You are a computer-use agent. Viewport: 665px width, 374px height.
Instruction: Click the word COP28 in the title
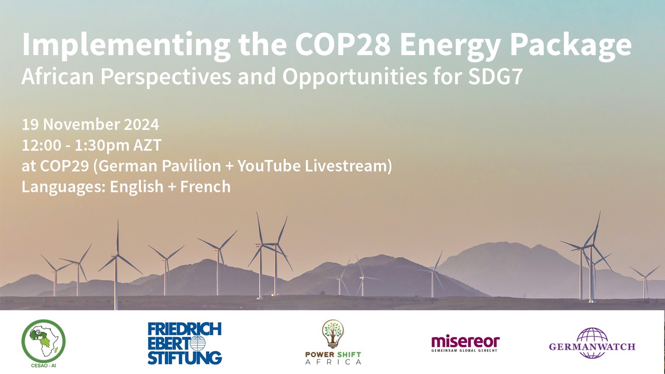coord(342,44)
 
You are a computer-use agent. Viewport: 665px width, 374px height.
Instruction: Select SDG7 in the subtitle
coord(496,76)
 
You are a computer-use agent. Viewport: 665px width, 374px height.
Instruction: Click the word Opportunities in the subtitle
coord(355,77)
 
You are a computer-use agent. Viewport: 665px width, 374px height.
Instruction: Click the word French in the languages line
coord(205,186)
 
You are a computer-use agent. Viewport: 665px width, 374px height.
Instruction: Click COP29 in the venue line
coord(64,166)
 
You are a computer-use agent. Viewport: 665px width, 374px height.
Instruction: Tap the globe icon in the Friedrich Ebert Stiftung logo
coord(197,343)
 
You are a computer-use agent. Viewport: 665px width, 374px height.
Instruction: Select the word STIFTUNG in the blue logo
coord(184,358)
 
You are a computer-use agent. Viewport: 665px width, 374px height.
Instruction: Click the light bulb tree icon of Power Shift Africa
coord(333,333)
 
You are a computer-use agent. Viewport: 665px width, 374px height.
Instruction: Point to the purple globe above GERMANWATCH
coord(592,343)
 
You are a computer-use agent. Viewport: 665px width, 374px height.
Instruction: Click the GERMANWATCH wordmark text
coord(592,346)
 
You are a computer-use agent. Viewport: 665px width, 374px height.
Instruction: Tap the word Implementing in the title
coord(126,46)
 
